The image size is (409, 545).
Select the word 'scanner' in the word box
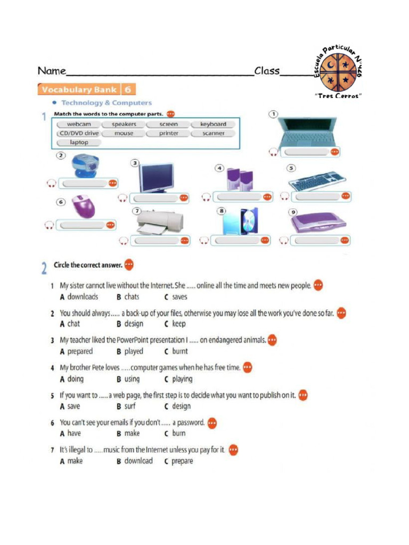coord(213,133)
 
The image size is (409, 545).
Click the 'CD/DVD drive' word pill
coord(78,133)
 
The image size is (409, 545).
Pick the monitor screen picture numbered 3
coord(156,178)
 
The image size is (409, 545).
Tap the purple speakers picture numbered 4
coord(239,179)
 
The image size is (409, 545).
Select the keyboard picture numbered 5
coord(317,181)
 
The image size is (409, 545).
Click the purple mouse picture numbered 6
coord(83,207)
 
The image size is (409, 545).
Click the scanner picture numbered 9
coord(318,222)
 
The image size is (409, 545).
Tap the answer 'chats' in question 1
coord(132,297)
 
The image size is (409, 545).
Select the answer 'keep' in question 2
coord(179,324)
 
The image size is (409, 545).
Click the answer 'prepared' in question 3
coord(80,351)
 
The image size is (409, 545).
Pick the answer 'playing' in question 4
coord(182,379)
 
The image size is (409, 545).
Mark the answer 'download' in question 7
coord(138,461)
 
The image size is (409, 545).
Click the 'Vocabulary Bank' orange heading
coord(78,89)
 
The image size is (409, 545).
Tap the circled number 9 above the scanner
coord(293,211)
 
